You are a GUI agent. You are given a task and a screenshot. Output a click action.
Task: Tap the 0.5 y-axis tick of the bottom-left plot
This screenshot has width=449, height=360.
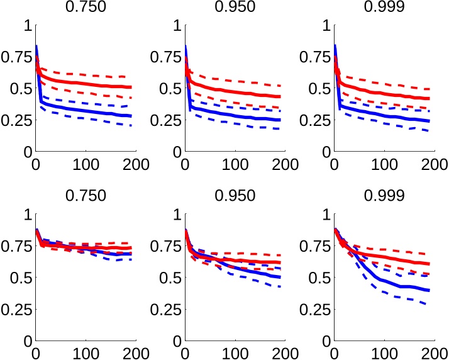(x=19, y=278)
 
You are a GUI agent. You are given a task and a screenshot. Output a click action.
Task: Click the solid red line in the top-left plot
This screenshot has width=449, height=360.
(x=82, y=83)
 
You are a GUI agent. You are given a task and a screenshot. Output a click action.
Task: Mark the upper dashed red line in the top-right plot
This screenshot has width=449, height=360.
(x=384, y=82)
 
